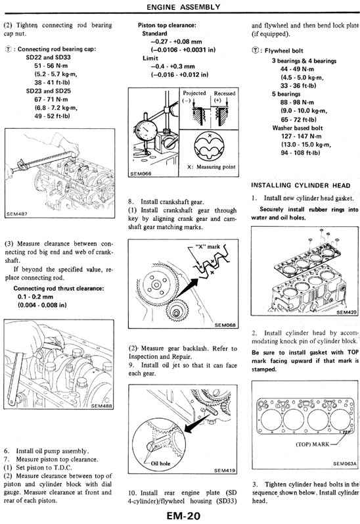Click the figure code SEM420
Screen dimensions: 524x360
(x=346, y=312)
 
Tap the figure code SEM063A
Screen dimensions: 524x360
(x=344, y=464)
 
